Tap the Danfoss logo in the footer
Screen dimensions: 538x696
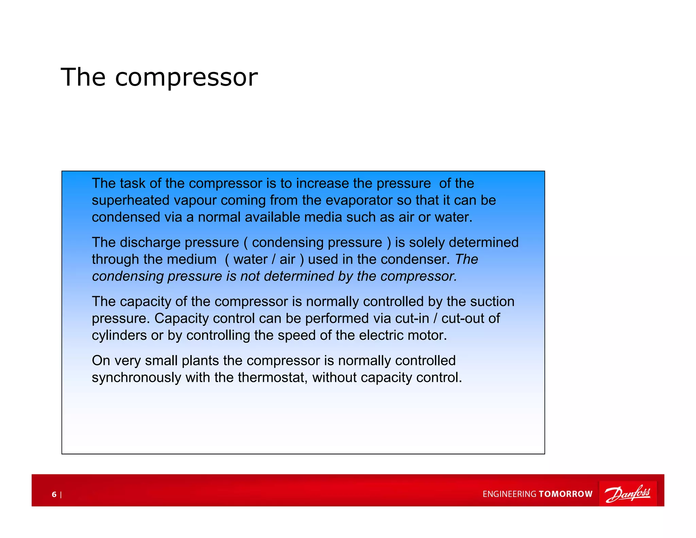[627, 493]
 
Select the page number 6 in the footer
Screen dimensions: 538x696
[54, 494]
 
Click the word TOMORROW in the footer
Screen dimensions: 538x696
[565, 494]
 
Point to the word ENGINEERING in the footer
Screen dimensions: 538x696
[509, 494]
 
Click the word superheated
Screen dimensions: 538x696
[131, 200]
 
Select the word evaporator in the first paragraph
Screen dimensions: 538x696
[359, 200]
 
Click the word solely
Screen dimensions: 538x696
[427, 242]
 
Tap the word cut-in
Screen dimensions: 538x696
[412, 319]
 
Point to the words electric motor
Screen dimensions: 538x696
[403, 336]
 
